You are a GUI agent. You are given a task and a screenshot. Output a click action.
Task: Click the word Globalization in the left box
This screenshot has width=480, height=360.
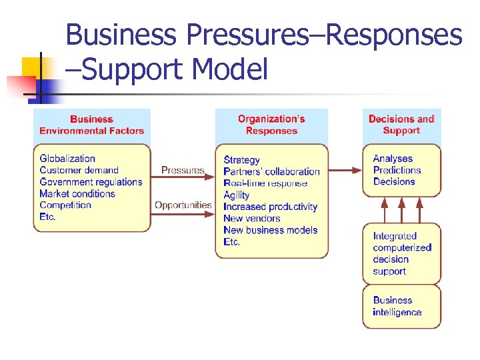[x=67, y=159]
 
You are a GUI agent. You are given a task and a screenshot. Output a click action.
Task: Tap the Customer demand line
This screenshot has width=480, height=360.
[x=79, y=170]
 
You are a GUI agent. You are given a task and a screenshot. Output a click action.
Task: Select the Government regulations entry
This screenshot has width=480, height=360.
[x=91, y=182]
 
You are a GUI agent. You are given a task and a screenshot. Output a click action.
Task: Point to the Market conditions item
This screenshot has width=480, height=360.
[x=77, y=194]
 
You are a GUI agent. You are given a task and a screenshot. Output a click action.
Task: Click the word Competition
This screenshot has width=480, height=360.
[x=65, y=205]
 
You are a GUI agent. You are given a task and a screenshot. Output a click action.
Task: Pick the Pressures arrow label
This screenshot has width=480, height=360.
[x=183, y=171]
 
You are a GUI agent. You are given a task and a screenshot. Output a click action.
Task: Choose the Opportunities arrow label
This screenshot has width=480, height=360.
[x=183, y=205]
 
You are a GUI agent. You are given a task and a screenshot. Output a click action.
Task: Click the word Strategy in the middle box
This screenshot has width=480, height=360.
[x=242, y=160]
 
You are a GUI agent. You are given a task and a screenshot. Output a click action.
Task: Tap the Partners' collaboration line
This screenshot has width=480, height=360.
[x=272, y=171]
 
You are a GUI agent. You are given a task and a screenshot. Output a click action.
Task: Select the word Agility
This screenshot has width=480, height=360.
[x=237, y=195]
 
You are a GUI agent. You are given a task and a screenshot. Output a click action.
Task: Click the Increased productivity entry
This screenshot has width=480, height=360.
[x=271, y=207]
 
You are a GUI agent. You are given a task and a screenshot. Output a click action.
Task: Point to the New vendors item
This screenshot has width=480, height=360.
[x=252, y=218]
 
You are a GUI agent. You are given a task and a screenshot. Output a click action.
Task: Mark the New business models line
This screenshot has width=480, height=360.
[x=271, y=230]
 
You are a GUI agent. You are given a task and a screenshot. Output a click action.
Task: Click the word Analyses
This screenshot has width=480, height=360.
[x=393, y=159]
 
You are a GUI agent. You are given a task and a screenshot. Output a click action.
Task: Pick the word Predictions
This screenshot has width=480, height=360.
[x=397, y=170]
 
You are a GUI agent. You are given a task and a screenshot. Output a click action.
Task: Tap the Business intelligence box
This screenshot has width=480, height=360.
[x=401, y=307]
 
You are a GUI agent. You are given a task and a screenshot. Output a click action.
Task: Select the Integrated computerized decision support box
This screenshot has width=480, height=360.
[x=401, y=253]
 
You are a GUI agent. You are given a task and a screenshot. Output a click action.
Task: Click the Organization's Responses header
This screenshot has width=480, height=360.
[x=271, y=125]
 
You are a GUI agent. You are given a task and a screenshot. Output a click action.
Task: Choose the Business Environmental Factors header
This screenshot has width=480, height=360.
[x=92, y=125]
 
